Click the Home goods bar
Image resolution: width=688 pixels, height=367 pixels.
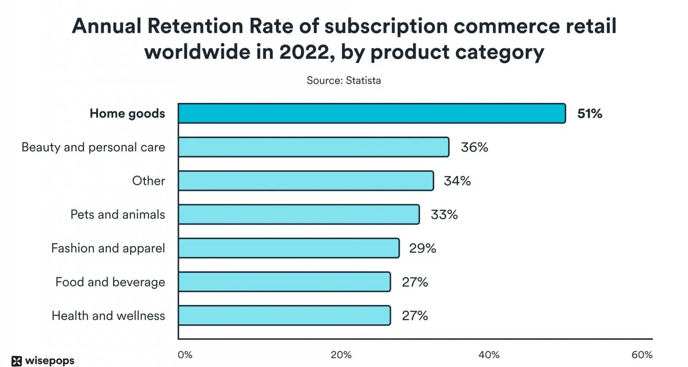372,114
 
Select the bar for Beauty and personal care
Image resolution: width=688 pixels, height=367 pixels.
314,147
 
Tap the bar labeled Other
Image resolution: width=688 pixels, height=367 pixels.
306,181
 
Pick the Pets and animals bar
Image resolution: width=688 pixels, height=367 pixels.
298,215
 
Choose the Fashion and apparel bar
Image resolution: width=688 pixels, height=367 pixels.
288,248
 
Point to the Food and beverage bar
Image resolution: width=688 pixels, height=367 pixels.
284,282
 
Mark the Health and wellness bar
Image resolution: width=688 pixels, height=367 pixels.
284,316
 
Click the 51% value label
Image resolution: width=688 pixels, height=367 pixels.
589,114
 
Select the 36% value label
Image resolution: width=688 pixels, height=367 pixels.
474,147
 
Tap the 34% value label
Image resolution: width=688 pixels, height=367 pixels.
457,181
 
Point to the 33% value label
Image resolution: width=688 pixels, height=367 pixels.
444,215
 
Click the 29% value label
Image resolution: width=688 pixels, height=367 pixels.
422,248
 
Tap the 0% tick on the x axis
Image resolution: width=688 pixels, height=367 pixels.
185,355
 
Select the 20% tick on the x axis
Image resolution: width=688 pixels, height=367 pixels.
341,355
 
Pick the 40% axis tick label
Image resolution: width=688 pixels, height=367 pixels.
489,355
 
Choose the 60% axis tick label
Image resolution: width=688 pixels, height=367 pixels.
642,355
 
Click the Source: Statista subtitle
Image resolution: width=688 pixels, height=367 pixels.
344,80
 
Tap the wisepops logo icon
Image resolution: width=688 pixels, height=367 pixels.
16,361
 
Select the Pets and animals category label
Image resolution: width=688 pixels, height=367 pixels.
118,215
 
